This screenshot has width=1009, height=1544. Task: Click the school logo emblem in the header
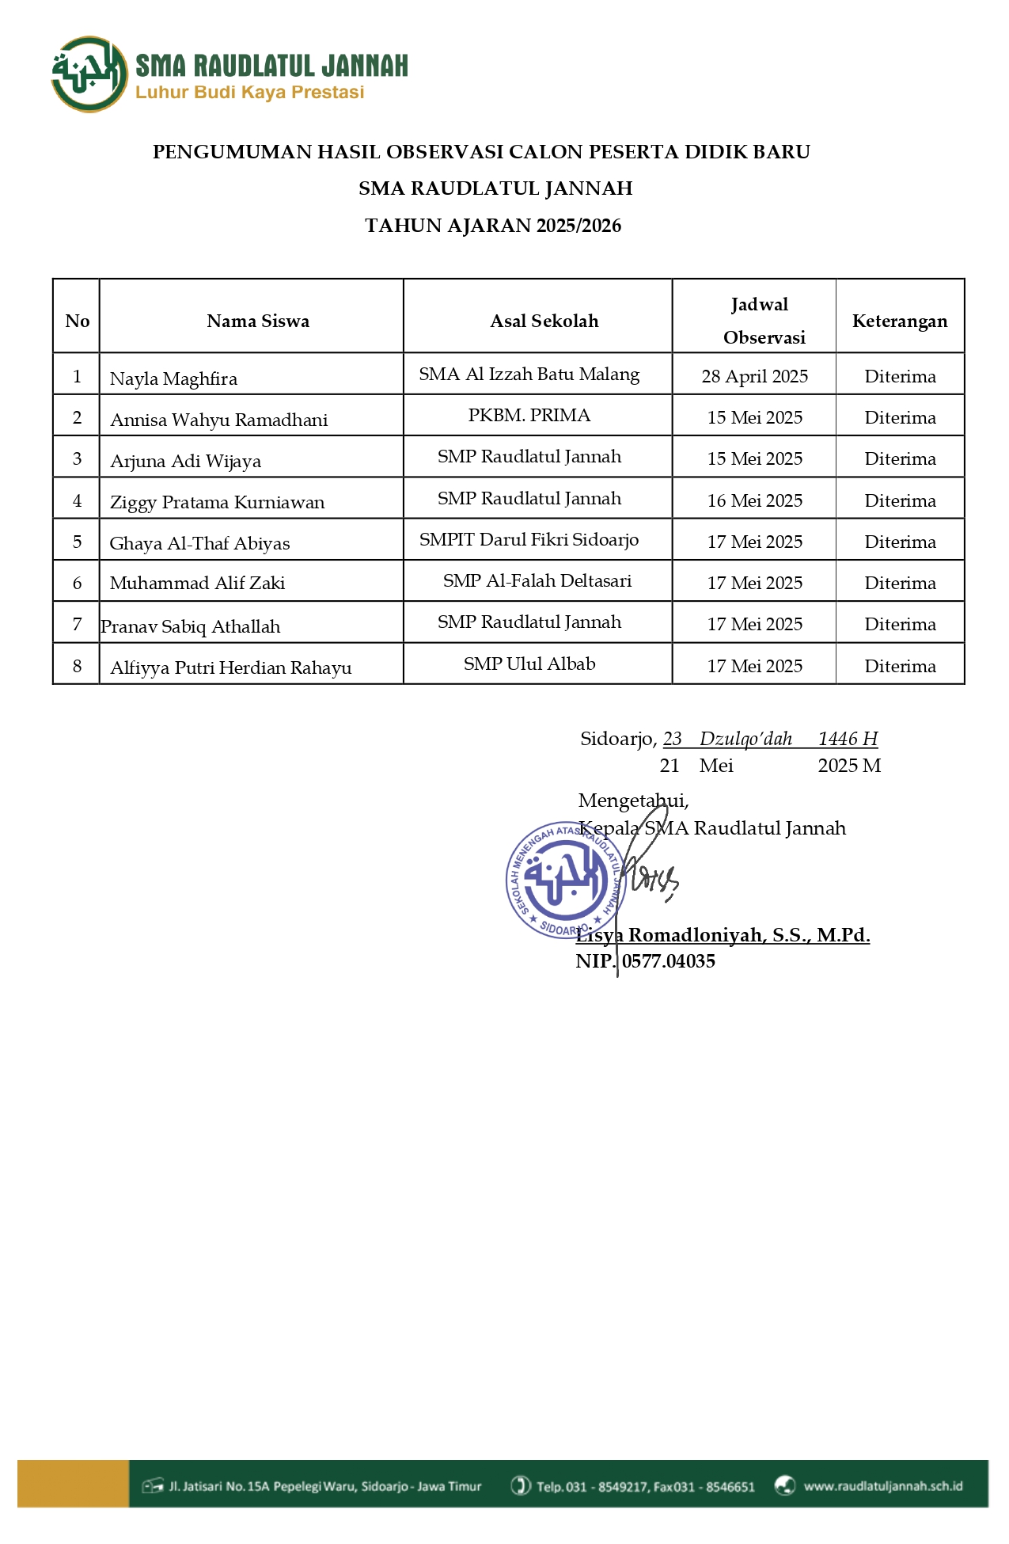point(89,74)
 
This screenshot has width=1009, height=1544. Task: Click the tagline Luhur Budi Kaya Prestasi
point(249,93)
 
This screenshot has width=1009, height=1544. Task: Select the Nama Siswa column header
point(258,321)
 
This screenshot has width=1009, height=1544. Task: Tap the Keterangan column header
point(899,321)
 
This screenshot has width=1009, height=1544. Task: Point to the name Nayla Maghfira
point(173,378)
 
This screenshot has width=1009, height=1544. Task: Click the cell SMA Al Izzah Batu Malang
point(529,375)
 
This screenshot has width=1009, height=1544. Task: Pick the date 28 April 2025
point(754,376)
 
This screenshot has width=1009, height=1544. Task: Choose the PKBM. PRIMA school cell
point(529,416)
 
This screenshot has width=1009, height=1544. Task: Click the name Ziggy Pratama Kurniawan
point(217,502)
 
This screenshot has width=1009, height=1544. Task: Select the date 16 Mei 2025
point(754,500)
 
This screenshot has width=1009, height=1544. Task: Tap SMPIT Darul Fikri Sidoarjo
point(529,540)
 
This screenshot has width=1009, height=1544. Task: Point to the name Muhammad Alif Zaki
point(197,584)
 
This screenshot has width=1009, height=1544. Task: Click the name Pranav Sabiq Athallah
point(191,627)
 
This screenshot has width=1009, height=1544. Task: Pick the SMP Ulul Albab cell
point(529,664)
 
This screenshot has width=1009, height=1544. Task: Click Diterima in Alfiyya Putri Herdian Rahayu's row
point(900,667)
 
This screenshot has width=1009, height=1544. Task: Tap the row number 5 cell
point(77,542)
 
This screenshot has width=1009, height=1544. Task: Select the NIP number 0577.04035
point(668,961)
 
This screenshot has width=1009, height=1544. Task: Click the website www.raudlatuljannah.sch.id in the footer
point(882,1486)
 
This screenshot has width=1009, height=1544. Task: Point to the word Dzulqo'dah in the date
point(745,739)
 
